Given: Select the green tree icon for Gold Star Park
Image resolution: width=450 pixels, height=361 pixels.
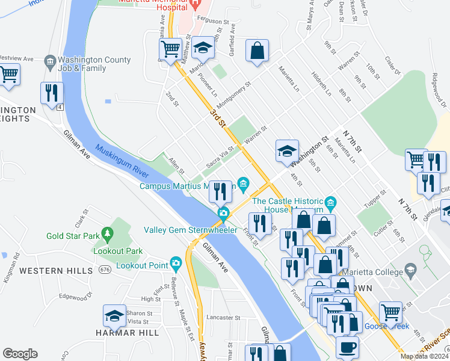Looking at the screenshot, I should click(x=108, y=232).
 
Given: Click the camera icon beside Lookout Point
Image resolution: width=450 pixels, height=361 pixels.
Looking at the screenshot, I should click(x=176, y=263).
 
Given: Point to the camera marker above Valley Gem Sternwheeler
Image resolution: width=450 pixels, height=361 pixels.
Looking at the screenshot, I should click(x=223, y=213).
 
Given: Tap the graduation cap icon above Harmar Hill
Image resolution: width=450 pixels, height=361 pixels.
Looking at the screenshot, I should click(x=115, y=316).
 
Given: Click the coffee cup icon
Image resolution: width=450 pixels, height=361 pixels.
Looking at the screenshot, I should click(x=347, y=347).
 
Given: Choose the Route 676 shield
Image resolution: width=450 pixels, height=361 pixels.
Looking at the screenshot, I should click(x=105, y=268).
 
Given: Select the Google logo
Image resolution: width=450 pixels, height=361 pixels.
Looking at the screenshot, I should click(x=20, y=354).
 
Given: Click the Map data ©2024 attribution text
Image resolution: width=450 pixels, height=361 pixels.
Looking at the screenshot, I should click(x=425, y=356).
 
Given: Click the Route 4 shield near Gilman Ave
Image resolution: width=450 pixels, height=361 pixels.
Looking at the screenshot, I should click(x=61, y=107).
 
